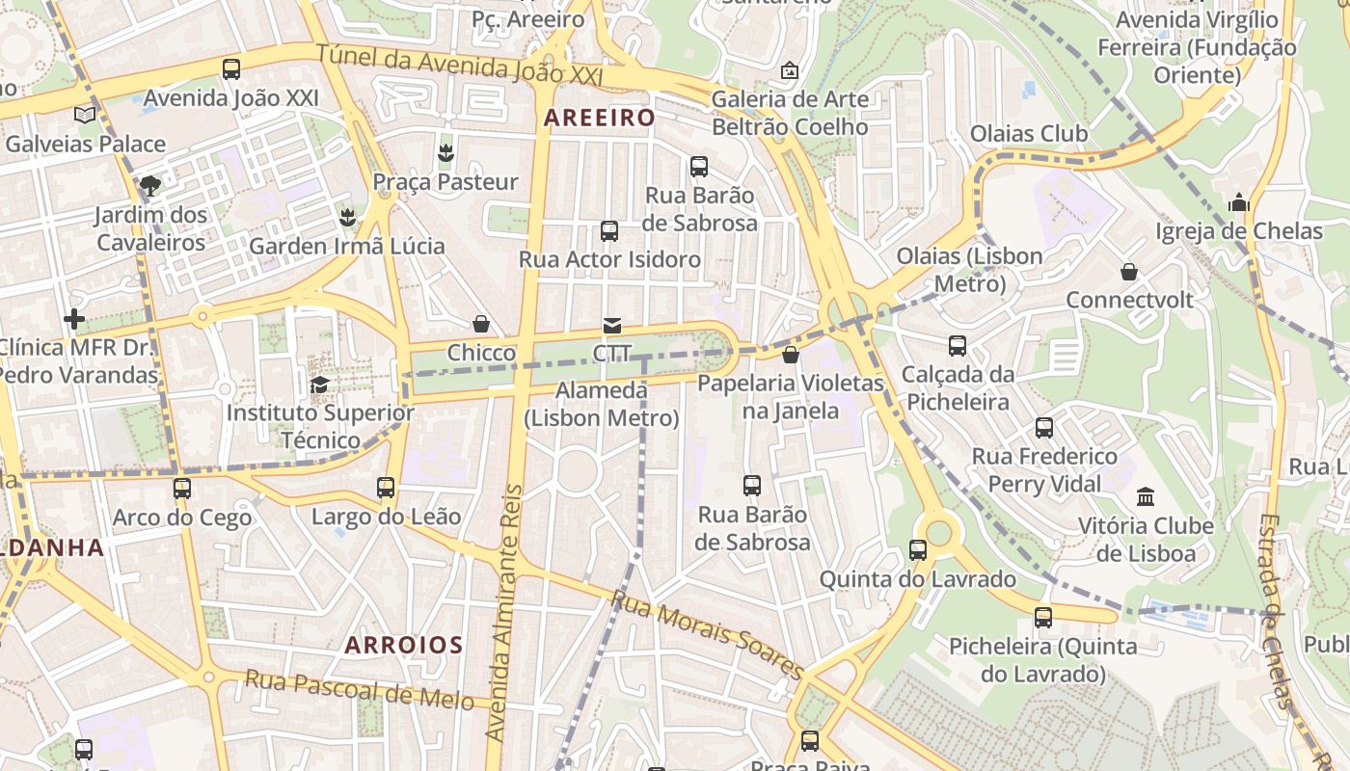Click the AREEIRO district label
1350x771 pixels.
(599, 118)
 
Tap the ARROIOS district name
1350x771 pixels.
(404, 645)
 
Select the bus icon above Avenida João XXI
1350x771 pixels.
(231, 69)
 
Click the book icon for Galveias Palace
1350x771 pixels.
(85, 115)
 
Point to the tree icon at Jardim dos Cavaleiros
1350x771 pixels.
(149, 185)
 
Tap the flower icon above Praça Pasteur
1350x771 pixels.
(445, 152)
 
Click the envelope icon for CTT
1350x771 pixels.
(612, 326)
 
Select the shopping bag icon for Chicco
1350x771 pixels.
(481, 325)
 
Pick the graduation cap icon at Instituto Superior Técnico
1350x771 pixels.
(319, 385)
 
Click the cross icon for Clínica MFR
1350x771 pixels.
(74, 318)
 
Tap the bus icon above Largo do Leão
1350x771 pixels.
(386, 488)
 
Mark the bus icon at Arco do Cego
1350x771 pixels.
(182, 489)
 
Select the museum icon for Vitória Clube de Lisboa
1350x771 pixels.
(1146, 497)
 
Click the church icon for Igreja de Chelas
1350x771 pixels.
(1239, 202)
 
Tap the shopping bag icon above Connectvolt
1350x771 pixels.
(1129, 272)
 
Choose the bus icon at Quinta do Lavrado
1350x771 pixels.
(918, 550)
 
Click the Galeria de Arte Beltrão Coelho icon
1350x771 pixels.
(790, 70)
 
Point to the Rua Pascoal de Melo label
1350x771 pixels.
(359, 689)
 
